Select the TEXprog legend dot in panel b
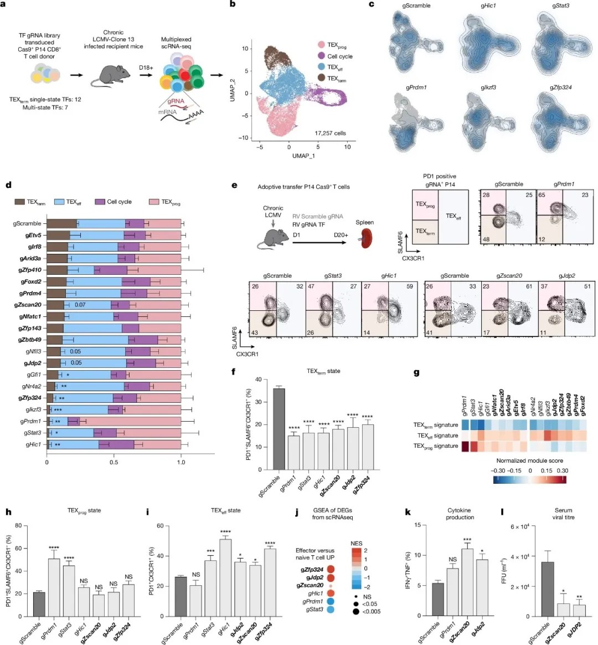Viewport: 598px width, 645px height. [321, 44]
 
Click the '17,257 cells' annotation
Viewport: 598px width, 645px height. [330, 134]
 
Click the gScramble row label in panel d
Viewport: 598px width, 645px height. [27, 223]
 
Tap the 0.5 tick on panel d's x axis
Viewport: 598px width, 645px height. [114, 462]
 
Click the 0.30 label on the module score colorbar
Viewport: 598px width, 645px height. [562, 470]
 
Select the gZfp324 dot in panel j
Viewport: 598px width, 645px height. [331, 569]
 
